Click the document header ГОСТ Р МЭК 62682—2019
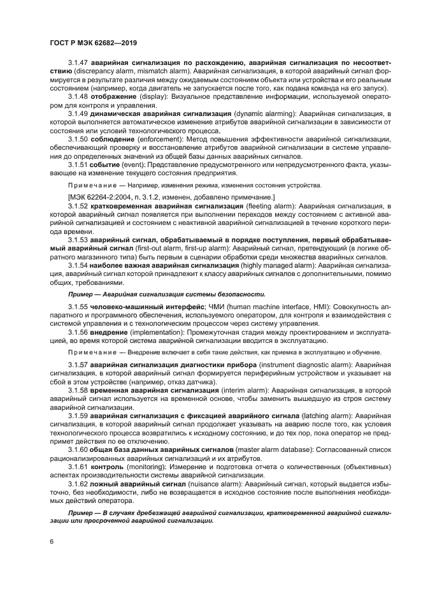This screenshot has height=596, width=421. coord(93,43)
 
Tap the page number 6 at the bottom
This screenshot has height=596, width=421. coord(51,541)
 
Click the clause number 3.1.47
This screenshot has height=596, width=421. coord(78,64)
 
